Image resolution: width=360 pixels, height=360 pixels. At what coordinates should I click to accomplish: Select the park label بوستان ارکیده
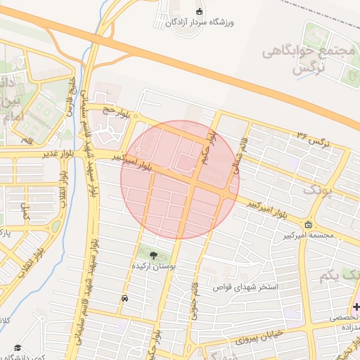tap(154, 266)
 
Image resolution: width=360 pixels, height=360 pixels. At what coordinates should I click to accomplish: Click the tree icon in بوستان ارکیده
tap(154, 254)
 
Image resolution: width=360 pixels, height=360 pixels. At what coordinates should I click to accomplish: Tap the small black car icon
tap(124, 299)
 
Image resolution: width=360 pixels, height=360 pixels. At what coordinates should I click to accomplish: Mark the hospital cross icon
tap(356, 307)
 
